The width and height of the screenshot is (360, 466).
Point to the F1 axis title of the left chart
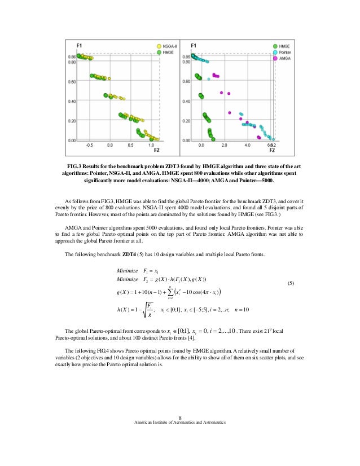pyautogui.click(x=80, y=45)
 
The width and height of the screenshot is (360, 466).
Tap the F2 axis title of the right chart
pyautogui.click(x=271, y=151)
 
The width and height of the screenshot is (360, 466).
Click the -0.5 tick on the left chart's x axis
pyautogui.click(x=89, y=145)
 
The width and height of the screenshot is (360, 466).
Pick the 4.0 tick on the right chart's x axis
pyautogui.click(x=247, y=145)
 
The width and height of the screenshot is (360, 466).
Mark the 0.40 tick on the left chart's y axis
pyautogui.click(x=72, y=102)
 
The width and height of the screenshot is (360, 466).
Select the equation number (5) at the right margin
pyautogui.click(x=291, y=282)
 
